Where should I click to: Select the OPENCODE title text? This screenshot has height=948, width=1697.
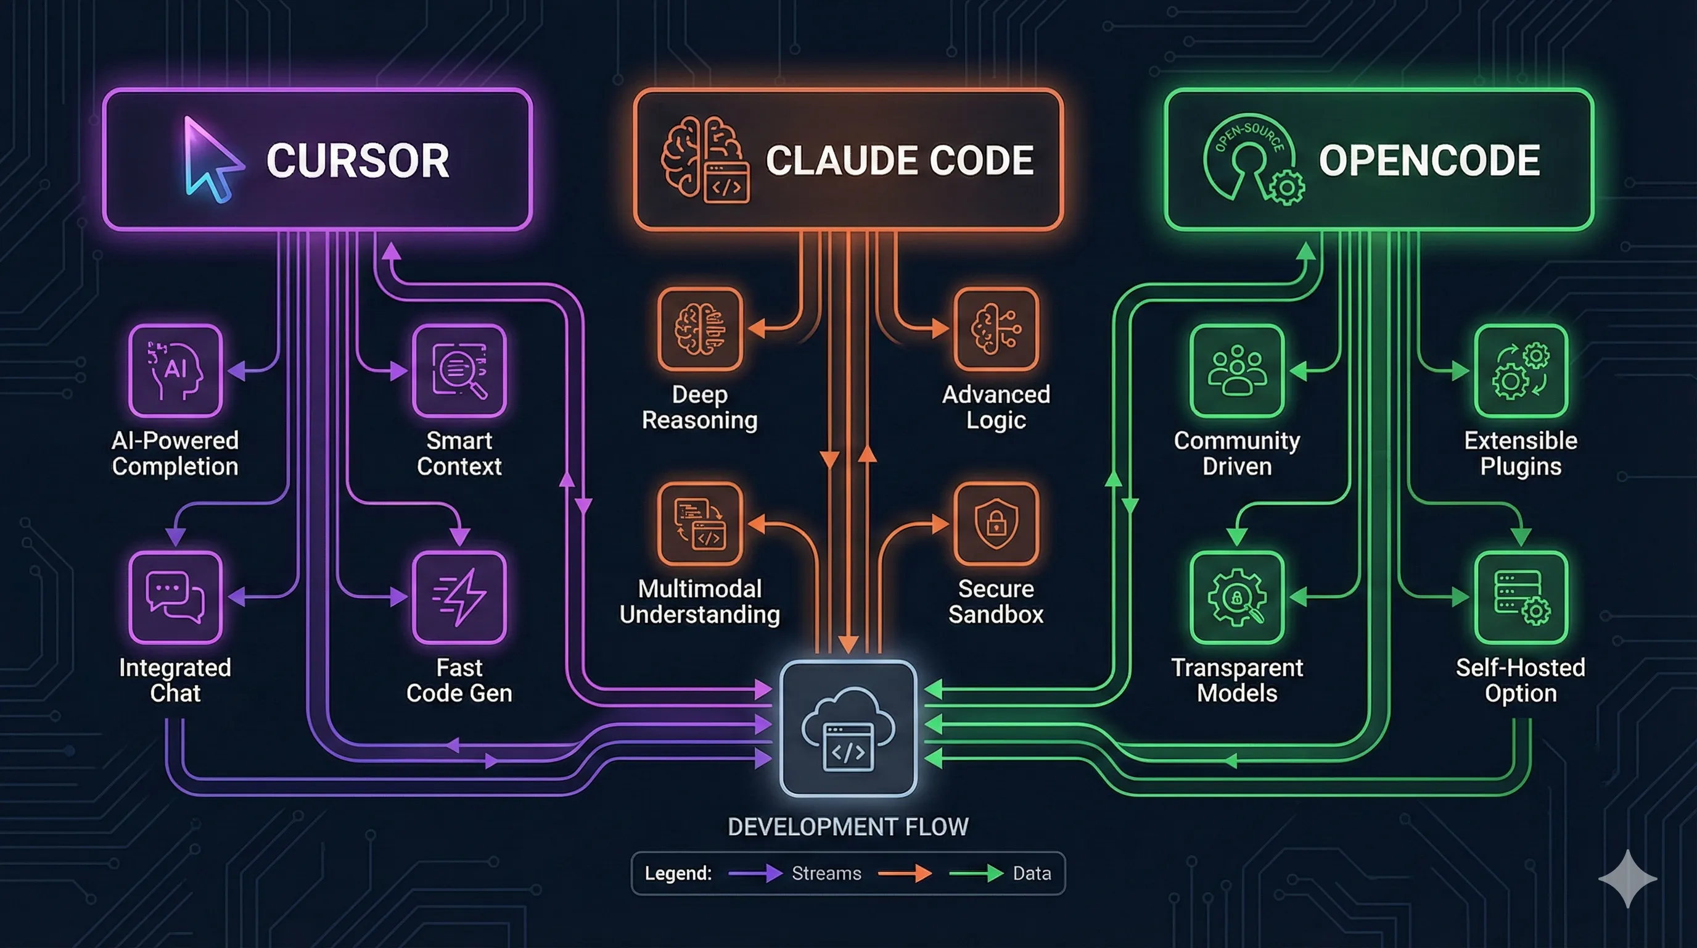[1429, 161]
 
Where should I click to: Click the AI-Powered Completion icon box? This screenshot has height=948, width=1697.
[175, 370]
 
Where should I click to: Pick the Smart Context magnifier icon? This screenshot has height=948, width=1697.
[459, 370]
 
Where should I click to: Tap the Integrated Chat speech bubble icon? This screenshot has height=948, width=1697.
[175, 597]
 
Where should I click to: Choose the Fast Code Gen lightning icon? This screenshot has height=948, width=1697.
[459, 597]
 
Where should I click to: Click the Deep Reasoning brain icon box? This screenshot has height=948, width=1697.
[700, 328]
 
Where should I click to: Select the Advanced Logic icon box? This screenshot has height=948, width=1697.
[996, 328]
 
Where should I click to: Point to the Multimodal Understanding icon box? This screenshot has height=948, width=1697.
[700, 523]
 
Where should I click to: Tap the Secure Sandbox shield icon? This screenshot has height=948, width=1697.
[996, 523]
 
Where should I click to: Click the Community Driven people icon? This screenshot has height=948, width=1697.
[1236, 370]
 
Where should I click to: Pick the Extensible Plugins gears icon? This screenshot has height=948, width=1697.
[1521, 370]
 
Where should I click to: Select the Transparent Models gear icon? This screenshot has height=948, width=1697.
[1236, 597]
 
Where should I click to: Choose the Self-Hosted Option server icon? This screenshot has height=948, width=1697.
[1521, 597]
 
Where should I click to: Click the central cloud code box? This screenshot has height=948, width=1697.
[848, 728]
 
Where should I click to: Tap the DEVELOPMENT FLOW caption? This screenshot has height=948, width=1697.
[848, 826]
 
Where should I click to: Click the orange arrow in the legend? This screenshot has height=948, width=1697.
[905, 873]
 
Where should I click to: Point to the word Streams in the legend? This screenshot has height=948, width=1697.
[826, 873]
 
